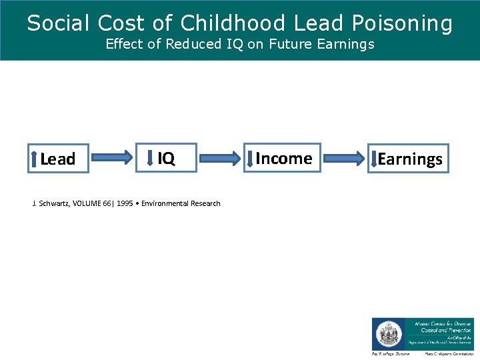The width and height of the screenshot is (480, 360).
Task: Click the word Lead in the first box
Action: pos(58,159)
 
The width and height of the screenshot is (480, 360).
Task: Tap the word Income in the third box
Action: pos(284,159)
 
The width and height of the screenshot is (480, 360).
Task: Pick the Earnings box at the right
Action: pos(409,159)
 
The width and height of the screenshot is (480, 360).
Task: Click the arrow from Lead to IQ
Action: pos(112,158)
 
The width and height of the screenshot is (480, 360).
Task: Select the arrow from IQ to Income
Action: pos(220,158)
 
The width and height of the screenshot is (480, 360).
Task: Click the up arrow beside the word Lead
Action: pos(35,159)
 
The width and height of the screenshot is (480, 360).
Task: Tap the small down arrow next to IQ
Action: pos(153,158)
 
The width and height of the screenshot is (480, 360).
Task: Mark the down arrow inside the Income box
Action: pos(250,159)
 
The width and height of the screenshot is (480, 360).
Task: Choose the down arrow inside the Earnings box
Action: pos(374,159)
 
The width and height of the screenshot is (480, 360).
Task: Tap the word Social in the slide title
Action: pos(59,23)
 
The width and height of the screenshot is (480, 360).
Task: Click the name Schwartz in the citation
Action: pos(52,203)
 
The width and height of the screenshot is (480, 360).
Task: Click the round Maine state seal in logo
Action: pos(387,334)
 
